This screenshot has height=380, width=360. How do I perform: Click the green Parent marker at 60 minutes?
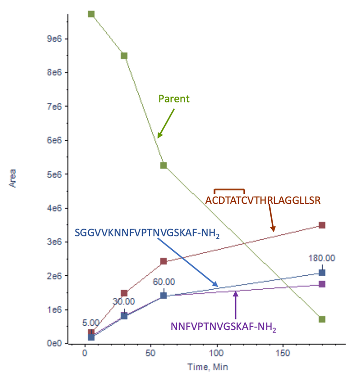(x=164, y=165)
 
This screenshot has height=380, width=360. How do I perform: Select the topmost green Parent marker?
(x=91, y=14)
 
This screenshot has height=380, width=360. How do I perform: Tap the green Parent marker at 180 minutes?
(x=322, y=319)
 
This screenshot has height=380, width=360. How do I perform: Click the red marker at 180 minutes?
(x=322, y=225)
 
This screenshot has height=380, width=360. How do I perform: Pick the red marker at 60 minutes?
(x=164, y=261)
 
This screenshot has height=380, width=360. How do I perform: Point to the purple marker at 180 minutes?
(x=322, y=284)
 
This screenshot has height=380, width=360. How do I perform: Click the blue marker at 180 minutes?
(x=322, y=272)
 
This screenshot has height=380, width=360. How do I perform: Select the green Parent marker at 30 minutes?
(x=124, y=56)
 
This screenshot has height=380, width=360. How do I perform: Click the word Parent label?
(x=174, y=99)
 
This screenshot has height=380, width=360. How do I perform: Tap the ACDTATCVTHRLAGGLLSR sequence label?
(x=263, y=200)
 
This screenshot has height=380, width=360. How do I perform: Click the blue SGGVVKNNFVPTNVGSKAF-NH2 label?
(x=147, y=233)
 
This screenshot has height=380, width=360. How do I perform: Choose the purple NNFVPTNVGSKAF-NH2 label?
(x=224, y=327)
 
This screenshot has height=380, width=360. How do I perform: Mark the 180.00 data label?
(x=322, y=258)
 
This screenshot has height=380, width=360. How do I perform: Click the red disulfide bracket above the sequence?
(x=229, y=189)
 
